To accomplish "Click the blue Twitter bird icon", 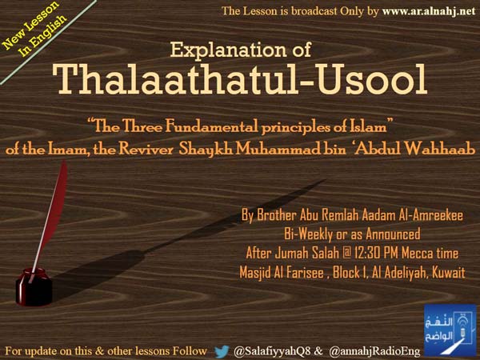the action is tap(222, 351).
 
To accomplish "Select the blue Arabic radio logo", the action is tap(450, 330).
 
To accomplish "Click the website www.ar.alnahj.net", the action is tap(429, 12).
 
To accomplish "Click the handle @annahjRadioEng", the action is tap(374, 351).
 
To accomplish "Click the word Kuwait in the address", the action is tap(449, 273).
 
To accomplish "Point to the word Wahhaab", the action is tap(440, 149).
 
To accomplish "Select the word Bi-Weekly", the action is tap(308, 234).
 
